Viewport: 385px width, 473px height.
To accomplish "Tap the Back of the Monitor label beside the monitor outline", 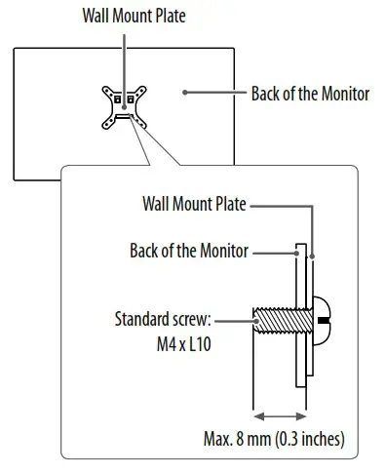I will click(310, 94).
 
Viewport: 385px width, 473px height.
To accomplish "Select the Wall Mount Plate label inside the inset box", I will click(194, 206).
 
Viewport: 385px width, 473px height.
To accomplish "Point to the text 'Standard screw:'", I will click(164, 318).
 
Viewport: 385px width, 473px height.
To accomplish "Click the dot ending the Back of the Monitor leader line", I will click(183, 94).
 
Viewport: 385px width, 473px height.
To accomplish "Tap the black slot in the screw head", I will click(324, 320).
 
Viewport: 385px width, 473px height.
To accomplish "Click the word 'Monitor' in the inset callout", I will click(225, 251).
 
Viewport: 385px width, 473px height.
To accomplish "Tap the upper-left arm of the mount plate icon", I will click(106, 91).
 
